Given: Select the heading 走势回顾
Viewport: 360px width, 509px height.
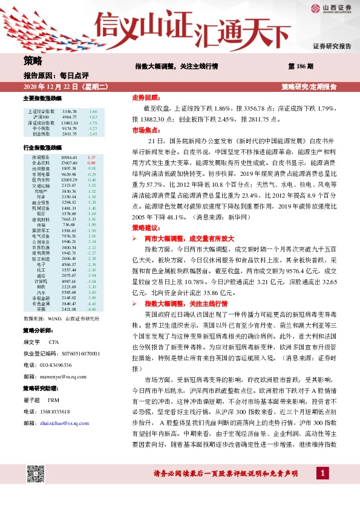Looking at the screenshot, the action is [145, 97].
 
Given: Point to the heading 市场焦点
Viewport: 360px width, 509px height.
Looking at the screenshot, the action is [145, 130].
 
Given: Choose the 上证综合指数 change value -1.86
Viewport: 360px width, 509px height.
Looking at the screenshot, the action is [93, 112].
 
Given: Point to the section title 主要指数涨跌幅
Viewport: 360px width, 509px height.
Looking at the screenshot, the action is [42, 98].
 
